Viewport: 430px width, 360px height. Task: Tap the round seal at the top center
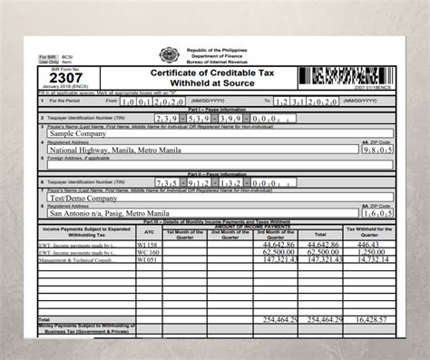coord(171,54)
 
